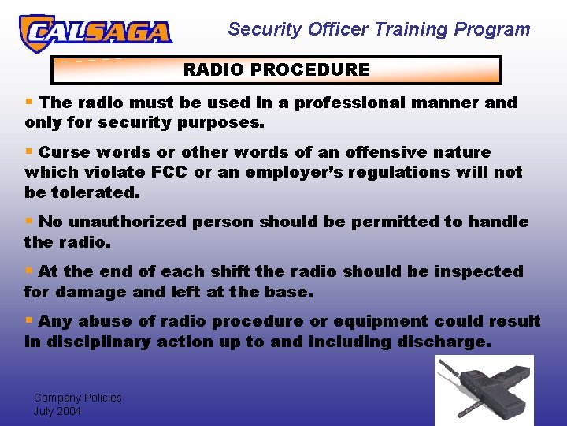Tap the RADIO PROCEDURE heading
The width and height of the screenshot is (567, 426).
coord(276,69)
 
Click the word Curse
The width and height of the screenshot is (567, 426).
coord(63,152)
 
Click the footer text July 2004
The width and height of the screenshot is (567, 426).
coord(57,411)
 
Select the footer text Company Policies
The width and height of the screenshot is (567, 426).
coord(77,398)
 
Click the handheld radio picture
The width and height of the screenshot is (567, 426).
coord(484,390)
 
